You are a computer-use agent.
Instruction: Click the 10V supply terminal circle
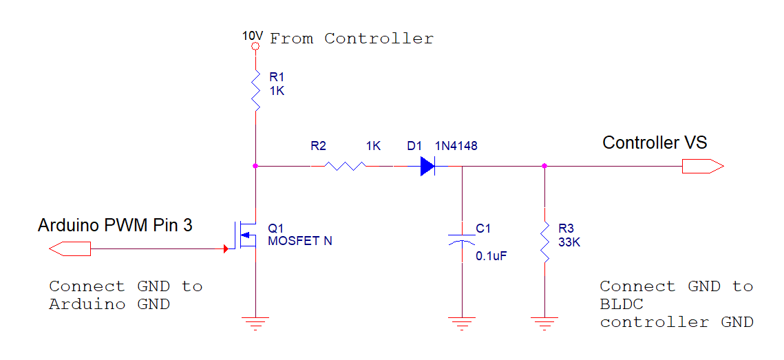[x=255, y=47]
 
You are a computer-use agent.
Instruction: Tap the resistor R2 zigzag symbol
[x=345, y=166]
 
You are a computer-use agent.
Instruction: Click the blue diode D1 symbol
[x=428, y=166]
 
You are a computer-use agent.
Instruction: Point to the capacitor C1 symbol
[x=462, y=238]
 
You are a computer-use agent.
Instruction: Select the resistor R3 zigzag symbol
[x=544, y=242]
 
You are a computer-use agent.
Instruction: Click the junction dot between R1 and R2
[x=255, y=166]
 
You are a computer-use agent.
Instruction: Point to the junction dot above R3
[x=544, y=166]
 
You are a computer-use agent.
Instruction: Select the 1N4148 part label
[x=456, y=146]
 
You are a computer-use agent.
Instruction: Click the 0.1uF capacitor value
[x=491, y=255]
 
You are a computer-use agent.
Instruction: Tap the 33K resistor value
[x=569, y=242]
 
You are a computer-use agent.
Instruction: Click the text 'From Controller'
[x=352, y=39]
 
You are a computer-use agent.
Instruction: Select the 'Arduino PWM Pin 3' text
[x=115, y=225]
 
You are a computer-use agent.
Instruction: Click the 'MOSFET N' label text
[x=300, y=241]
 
